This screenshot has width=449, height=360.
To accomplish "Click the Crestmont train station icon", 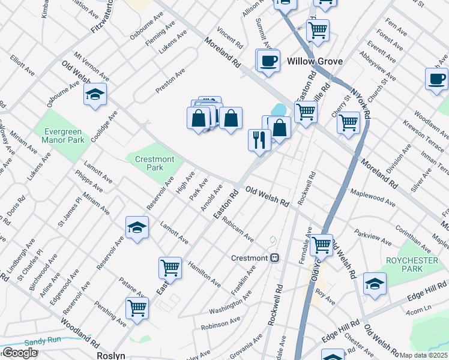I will coord(275,258).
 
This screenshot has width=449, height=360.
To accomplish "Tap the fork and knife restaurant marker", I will coord(259,140).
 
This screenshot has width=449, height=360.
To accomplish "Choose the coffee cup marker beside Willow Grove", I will coord(268,60).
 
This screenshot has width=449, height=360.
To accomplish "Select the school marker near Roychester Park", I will coord(375,283).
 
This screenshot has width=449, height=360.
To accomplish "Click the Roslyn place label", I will coord(111,355).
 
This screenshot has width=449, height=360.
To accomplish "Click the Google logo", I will coord(19,353).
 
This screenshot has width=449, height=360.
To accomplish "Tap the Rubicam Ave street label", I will coord(237,230).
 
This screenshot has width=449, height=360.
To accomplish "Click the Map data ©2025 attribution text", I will coord(424,355).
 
